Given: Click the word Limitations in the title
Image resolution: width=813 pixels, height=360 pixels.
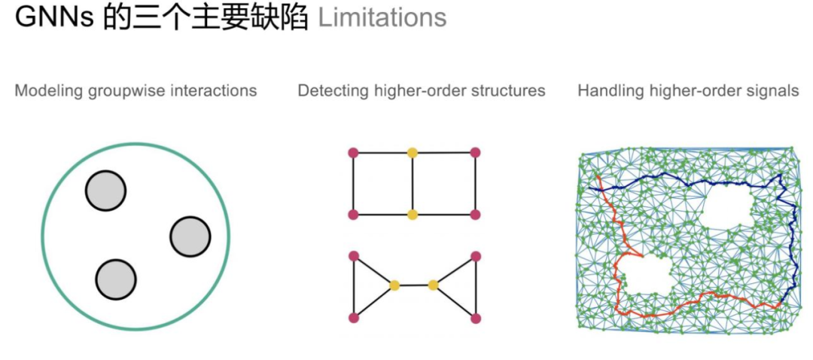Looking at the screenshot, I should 382,18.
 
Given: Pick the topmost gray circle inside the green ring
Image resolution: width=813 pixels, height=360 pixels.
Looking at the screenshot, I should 105,191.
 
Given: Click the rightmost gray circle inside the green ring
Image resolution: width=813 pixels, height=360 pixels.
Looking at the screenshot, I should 190,236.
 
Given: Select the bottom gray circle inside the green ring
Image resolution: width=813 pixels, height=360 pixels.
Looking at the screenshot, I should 116,279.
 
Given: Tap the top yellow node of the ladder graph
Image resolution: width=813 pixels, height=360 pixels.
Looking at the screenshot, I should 413,153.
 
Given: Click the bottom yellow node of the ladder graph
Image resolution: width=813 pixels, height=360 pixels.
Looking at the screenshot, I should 413,215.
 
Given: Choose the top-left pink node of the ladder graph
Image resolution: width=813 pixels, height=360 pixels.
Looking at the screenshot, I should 353,153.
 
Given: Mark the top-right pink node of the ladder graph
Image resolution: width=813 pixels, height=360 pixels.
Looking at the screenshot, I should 475,153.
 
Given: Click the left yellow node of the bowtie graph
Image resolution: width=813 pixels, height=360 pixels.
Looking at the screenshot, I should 394,285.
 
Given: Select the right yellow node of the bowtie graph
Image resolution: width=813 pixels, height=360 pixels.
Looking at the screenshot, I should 433,285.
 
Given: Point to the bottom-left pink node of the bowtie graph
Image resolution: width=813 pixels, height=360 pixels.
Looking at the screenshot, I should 353,318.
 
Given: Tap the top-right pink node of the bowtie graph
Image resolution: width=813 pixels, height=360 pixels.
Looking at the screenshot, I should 475,256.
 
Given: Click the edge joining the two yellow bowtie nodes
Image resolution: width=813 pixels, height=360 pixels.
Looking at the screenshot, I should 413,285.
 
